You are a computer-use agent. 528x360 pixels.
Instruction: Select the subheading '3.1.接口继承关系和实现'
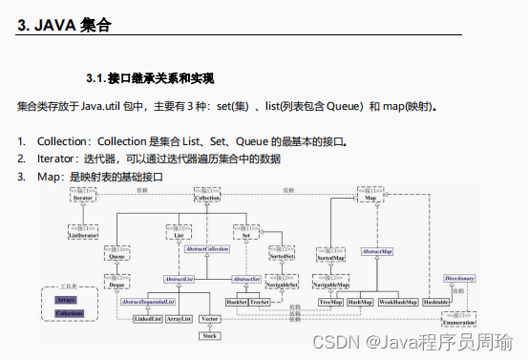click(x=149, y=76)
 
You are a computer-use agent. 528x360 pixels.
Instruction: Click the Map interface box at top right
click(x=370, y=196)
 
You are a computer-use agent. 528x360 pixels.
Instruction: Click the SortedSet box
click(x=283, y=257)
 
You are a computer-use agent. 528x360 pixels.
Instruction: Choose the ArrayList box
click(x=179, y=317)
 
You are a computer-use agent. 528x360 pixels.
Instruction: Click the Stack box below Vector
click(x=211, y=336)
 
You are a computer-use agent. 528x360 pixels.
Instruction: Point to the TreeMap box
click(x=330, y=302)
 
